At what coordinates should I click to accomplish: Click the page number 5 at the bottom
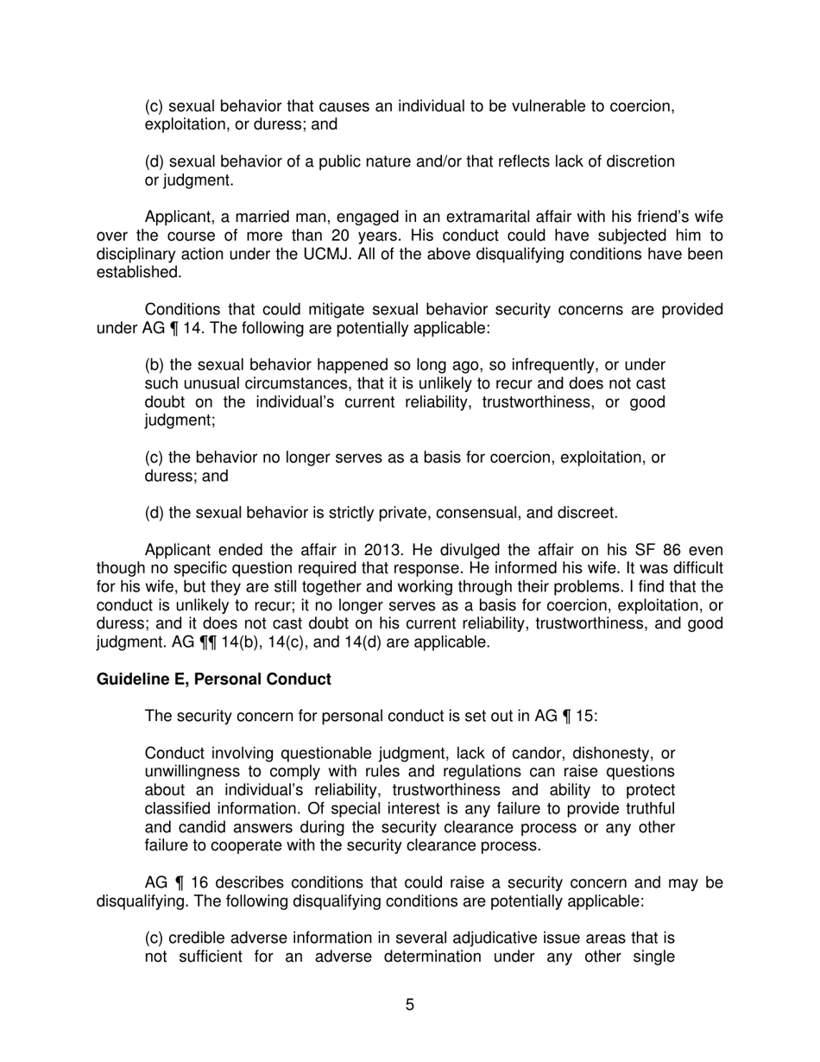coord(410,1004)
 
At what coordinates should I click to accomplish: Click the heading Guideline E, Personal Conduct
coord(213,680)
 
